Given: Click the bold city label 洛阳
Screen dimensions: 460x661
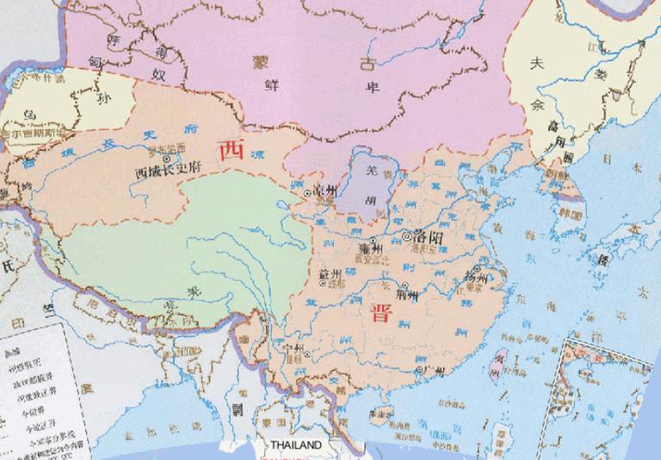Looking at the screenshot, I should tap(428, 235).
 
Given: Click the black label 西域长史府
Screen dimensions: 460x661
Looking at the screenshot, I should tap(168, 171).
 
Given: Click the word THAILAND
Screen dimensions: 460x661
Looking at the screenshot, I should tap(295, 445).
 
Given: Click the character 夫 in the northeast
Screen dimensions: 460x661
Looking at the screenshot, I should tap(538, 62).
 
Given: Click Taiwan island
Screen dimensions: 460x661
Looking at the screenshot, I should tap(496, 362).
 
